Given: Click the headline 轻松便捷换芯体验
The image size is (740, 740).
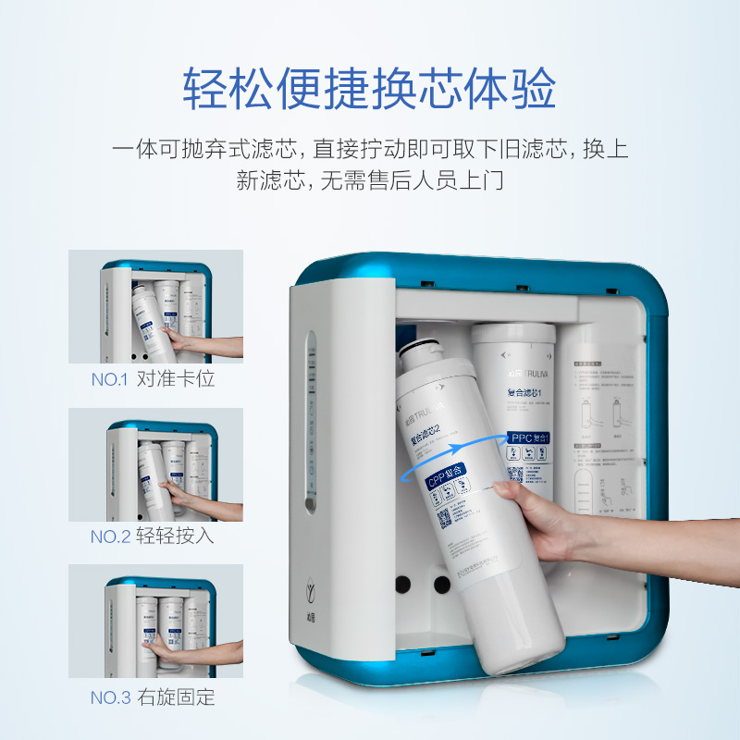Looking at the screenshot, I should tap(369, 90).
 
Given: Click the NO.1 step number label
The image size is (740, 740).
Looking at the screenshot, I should tap(110, 379).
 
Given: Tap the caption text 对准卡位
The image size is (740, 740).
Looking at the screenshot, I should tap(175, 379).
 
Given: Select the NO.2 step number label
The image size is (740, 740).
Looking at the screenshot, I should tap(110, 536).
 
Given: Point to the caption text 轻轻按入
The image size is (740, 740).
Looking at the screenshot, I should tap(175, 536).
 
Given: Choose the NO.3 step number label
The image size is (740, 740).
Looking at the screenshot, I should tap(110, 697).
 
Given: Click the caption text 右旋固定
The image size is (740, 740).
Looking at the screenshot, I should tap(176, 697).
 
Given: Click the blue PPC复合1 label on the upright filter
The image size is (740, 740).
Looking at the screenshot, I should tap(530, 434).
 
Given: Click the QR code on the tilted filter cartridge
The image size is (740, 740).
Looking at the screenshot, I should tap(445, 519).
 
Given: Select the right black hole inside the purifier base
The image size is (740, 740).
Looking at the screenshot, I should tap(432, 585).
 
